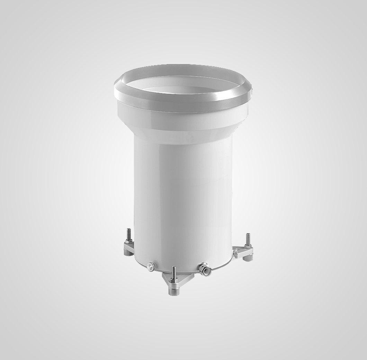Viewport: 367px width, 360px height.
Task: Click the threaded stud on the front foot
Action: [x=173, y=271]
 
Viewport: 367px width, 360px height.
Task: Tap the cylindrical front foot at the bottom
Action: [x=174, y=290]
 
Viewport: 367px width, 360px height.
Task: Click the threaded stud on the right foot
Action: [x=248, y=239]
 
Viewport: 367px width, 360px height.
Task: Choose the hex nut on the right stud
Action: [x=248, y=245]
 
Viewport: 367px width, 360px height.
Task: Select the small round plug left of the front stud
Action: [x=150, y=266]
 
